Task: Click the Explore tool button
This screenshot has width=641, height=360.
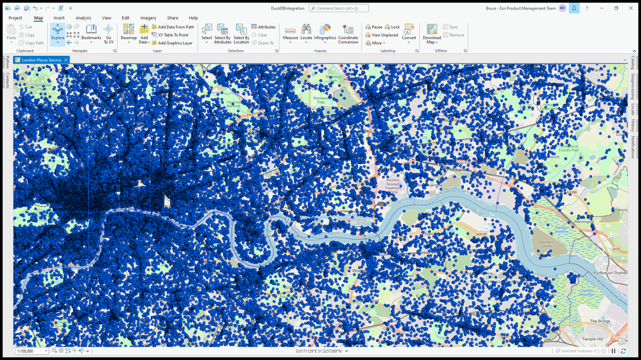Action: point(58,33)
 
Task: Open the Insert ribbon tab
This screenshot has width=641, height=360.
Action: point(59,18)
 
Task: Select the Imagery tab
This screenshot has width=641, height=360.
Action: point(148,18)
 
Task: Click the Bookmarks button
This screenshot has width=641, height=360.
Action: point(91,33)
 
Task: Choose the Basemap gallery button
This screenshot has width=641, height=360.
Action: point(128,33)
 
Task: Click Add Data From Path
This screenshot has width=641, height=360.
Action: point(173,27)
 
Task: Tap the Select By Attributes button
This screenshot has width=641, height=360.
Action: point(222,33)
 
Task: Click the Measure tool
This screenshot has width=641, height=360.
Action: point(290,33)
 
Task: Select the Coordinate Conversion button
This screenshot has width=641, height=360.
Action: point(348,34)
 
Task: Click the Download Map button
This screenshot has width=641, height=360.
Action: point(432,34)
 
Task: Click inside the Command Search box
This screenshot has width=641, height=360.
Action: point(339,8)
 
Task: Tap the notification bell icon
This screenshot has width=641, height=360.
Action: point(574,8)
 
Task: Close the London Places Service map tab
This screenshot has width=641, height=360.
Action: point(66,60)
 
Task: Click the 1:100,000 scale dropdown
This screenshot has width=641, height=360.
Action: point(31,351)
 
